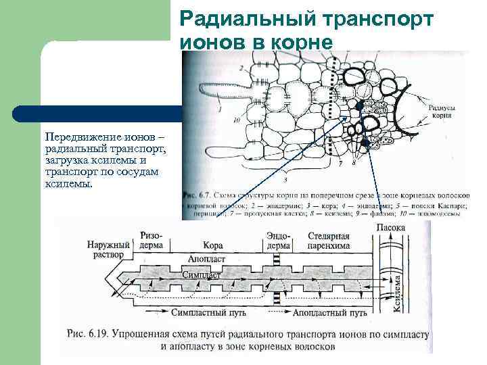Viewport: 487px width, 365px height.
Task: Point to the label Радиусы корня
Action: tap(442, 111)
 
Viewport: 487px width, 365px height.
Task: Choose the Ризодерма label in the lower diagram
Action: tap(152, 241)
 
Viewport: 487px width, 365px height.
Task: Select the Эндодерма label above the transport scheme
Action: tap(278, 241)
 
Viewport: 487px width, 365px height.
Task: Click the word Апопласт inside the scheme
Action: tap(204, 258)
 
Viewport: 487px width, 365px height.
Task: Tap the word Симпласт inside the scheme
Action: tap(204, 275)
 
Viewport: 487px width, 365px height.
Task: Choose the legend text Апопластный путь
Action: tap(329, 313)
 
